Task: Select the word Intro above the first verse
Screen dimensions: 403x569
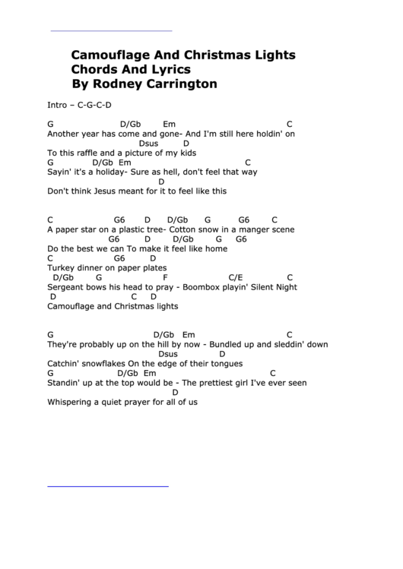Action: (57, 105)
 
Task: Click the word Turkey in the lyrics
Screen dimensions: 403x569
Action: (62, 267)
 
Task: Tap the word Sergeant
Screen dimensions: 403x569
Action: (66, 287)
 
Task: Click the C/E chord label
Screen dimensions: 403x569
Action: (236, 277)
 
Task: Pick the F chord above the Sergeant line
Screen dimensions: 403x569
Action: (165, 277)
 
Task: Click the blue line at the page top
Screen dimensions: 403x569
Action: (111, 30)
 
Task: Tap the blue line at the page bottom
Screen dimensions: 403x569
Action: (108, 485)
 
